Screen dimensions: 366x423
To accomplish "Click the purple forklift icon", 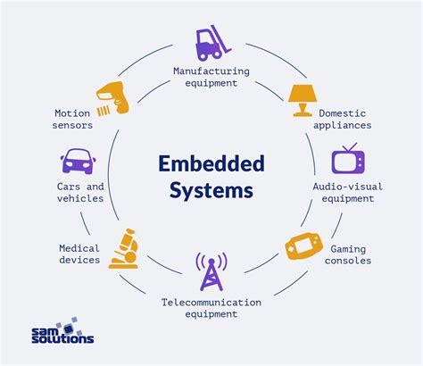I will pos(211,44).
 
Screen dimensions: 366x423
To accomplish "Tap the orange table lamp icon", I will pos(302,100).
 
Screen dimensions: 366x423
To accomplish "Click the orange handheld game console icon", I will pos(302,245).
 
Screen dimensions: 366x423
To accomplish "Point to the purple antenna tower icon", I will pos(211,272).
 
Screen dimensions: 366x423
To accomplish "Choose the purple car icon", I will pos(79,162).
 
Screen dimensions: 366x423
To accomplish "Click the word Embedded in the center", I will pos(211,163).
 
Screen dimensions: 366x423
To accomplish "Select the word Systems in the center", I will pos(211,190).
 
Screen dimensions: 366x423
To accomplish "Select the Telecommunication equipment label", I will pos(211,308).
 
